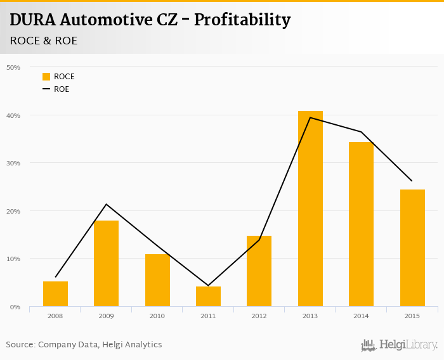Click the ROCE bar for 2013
[310, 209]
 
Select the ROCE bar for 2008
[55, 294]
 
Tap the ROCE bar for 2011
[208, 297]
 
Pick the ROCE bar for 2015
[412, 248]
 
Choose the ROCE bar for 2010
[157, 280]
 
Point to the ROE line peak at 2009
[106, 204]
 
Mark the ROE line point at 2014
[361, 132]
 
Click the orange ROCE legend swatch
[46, 77]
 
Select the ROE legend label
[62, 89]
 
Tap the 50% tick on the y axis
[13, 67]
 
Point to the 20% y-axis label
[13, 211]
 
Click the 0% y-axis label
[15, 307]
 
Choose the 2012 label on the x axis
[259, 316]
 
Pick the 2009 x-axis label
[106, 316]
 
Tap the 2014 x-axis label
[361, 316]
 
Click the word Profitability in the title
[242, 20]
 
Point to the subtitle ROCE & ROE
[44, 41]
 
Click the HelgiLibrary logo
[400, 345]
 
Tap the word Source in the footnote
[20, 345]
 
